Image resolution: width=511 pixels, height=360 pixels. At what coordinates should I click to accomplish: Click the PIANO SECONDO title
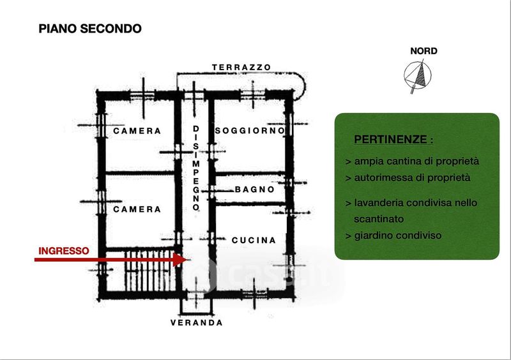tap(89, 29)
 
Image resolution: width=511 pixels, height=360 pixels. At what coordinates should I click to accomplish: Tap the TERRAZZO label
tap(242, 67)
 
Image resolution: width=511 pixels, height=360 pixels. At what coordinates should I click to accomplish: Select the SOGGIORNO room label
tap(250, 131)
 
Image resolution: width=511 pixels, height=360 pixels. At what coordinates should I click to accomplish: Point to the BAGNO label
tap(254, 190)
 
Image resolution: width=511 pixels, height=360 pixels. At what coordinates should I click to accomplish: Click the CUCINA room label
tap(254, 241)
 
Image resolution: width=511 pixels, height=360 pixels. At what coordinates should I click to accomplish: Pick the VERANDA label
tap(197, 323)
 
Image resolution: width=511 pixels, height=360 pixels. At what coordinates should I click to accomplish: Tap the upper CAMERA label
tap(137, 131)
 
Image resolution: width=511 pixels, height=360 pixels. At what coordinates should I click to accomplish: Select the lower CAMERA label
tap(137, 209)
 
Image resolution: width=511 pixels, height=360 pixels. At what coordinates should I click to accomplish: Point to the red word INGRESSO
tap(64, 251)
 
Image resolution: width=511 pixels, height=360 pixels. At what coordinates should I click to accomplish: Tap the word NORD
tap(423, 51)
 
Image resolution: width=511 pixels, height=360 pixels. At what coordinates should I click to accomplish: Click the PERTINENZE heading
tap(393, 139)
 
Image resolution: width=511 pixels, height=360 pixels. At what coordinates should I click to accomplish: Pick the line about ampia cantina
tap(411, 161)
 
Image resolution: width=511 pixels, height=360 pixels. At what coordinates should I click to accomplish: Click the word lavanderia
tap(378, 203)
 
